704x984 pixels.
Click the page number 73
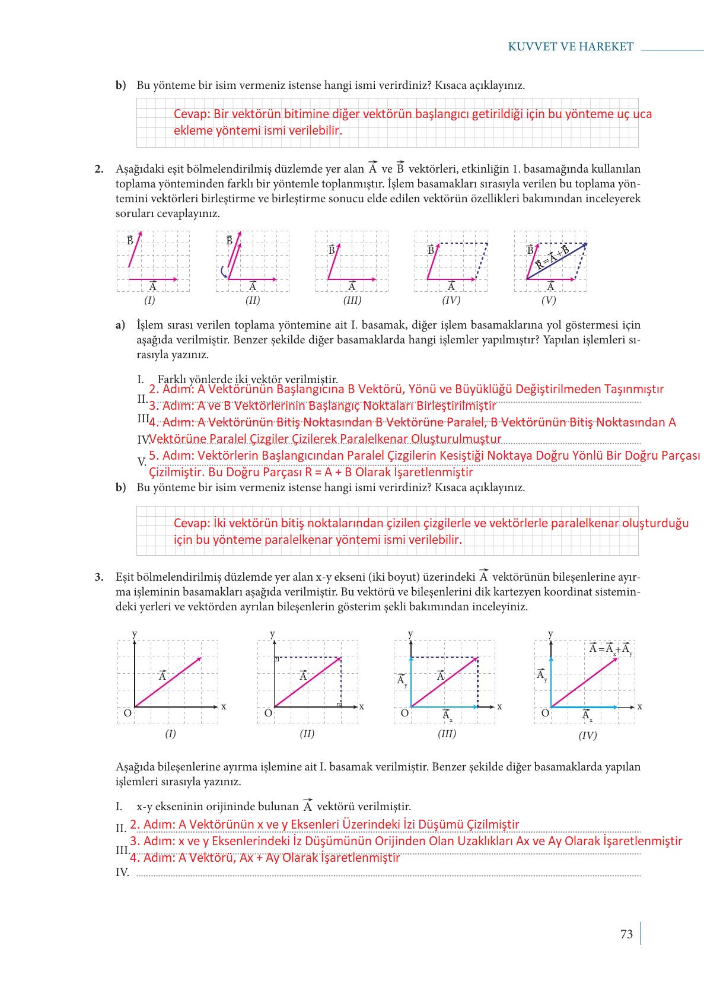click(x=626, y=934)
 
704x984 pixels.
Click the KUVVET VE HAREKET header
click(x=571, y=47)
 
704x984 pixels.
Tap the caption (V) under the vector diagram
click(x=549, y=300)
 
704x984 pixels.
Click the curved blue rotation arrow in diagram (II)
click(x=223, y=272)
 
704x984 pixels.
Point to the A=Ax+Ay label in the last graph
click(x=610, y=649)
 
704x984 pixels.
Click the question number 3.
click(x=99, y=577)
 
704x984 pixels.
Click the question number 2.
click(x=99, y=169)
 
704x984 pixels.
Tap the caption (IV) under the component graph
click(x=587, y=735)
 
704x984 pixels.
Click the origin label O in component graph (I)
click(x=128, y=713)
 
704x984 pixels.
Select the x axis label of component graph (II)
click(x=362, y=706)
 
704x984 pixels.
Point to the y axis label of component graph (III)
click(x=410, y=633)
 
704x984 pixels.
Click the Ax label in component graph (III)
click(x=447, y=715)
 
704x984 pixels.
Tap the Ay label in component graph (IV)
click(x=541, y=676)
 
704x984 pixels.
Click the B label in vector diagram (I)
click(x=130, y=240)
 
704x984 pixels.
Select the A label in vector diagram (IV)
click(x=451, y=287)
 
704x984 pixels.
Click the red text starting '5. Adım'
click(x=424, y=456)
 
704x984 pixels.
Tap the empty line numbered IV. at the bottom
click(x=386, y=872)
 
